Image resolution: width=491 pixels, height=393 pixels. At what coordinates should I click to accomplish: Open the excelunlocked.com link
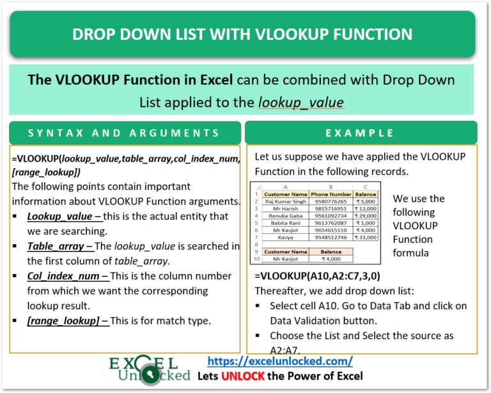pyautogui.click(x=281, y=361)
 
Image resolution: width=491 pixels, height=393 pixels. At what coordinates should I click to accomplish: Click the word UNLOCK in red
pyautogui.click(x=243, y=376)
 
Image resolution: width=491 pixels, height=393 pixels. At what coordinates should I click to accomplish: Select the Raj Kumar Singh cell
pyautogui.click(x=286, y=201)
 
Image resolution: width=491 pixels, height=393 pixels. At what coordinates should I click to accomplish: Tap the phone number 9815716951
pyautogui.click(x=331, y=208)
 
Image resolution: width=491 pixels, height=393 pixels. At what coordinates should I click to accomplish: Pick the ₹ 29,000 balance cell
pyautogui.click(x=366, y=215)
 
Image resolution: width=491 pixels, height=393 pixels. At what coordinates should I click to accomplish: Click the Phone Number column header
pyautogui.click(x=331, y=194)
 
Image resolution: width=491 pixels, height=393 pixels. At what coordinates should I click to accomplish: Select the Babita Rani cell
pyautogui.click(x=286, y=223)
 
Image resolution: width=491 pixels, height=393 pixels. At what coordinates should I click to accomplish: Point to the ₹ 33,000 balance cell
pyautogui.click(x=366, y=237)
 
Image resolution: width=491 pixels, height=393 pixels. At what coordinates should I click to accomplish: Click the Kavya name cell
pyautogui.click(x=286, y=237)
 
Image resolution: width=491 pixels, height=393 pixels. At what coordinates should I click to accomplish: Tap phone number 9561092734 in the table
pyautogui.click(x=331, y=215)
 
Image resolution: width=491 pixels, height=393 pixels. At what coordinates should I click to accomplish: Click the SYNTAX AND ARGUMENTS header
pyautogui.click(x=124, y=133)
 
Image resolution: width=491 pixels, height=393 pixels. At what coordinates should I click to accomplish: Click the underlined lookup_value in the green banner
pyautogui.click(x=301, y=102)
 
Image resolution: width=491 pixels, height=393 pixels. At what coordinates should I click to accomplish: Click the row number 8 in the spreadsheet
pyautogui.click(x=256, y=244)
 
